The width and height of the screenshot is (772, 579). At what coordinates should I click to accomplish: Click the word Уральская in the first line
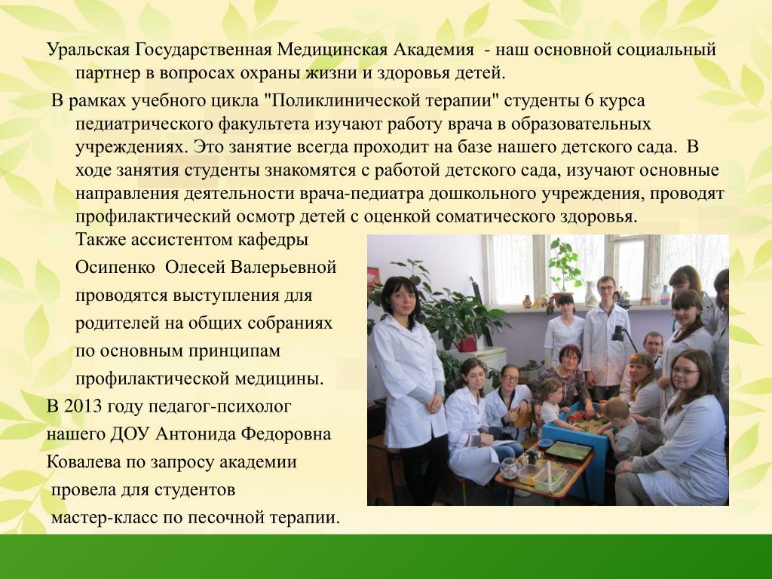(x=88, y=50)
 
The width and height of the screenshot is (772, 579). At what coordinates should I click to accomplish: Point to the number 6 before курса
(x=589, y=100)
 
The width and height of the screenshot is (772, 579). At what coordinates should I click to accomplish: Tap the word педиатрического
(x=144, y=124)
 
